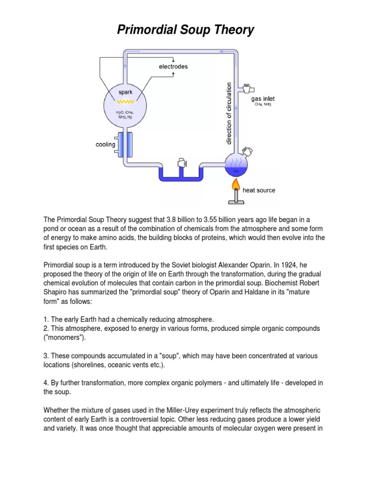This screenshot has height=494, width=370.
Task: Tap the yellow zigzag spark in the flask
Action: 125,102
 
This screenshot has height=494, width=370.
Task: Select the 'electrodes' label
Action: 173,66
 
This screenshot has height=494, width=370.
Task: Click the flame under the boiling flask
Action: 236,184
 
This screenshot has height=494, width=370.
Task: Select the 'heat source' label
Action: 259,190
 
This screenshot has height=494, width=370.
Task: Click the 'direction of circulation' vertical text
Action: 229,113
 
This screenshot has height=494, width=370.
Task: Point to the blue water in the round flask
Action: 236,169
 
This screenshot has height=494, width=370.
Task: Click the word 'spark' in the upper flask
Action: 125,91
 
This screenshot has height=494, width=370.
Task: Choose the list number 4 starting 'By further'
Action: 46,383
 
